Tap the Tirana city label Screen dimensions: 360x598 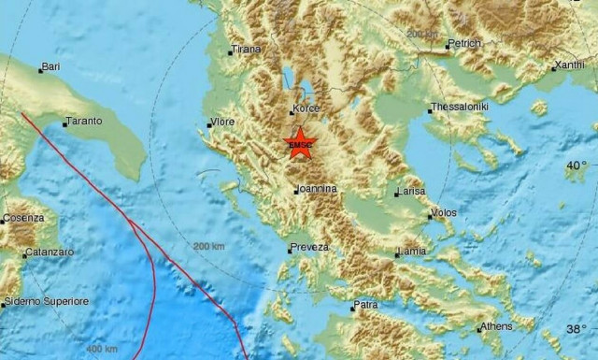pos(247,50)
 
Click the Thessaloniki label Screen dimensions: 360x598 pos(461,108)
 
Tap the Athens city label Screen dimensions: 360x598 pos(495,326)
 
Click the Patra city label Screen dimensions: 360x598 pos(365,305)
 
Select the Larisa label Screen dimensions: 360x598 pos(411,191)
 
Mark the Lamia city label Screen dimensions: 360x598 pos(412,251)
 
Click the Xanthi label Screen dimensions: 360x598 pos(569,65)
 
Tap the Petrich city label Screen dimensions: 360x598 pos(464,43)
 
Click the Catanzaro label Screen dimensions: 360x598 pos(48,252)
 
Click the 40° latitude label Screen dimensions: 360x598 pos(577,166)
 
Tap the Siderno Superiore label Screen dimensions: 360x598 pos(47,301)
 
